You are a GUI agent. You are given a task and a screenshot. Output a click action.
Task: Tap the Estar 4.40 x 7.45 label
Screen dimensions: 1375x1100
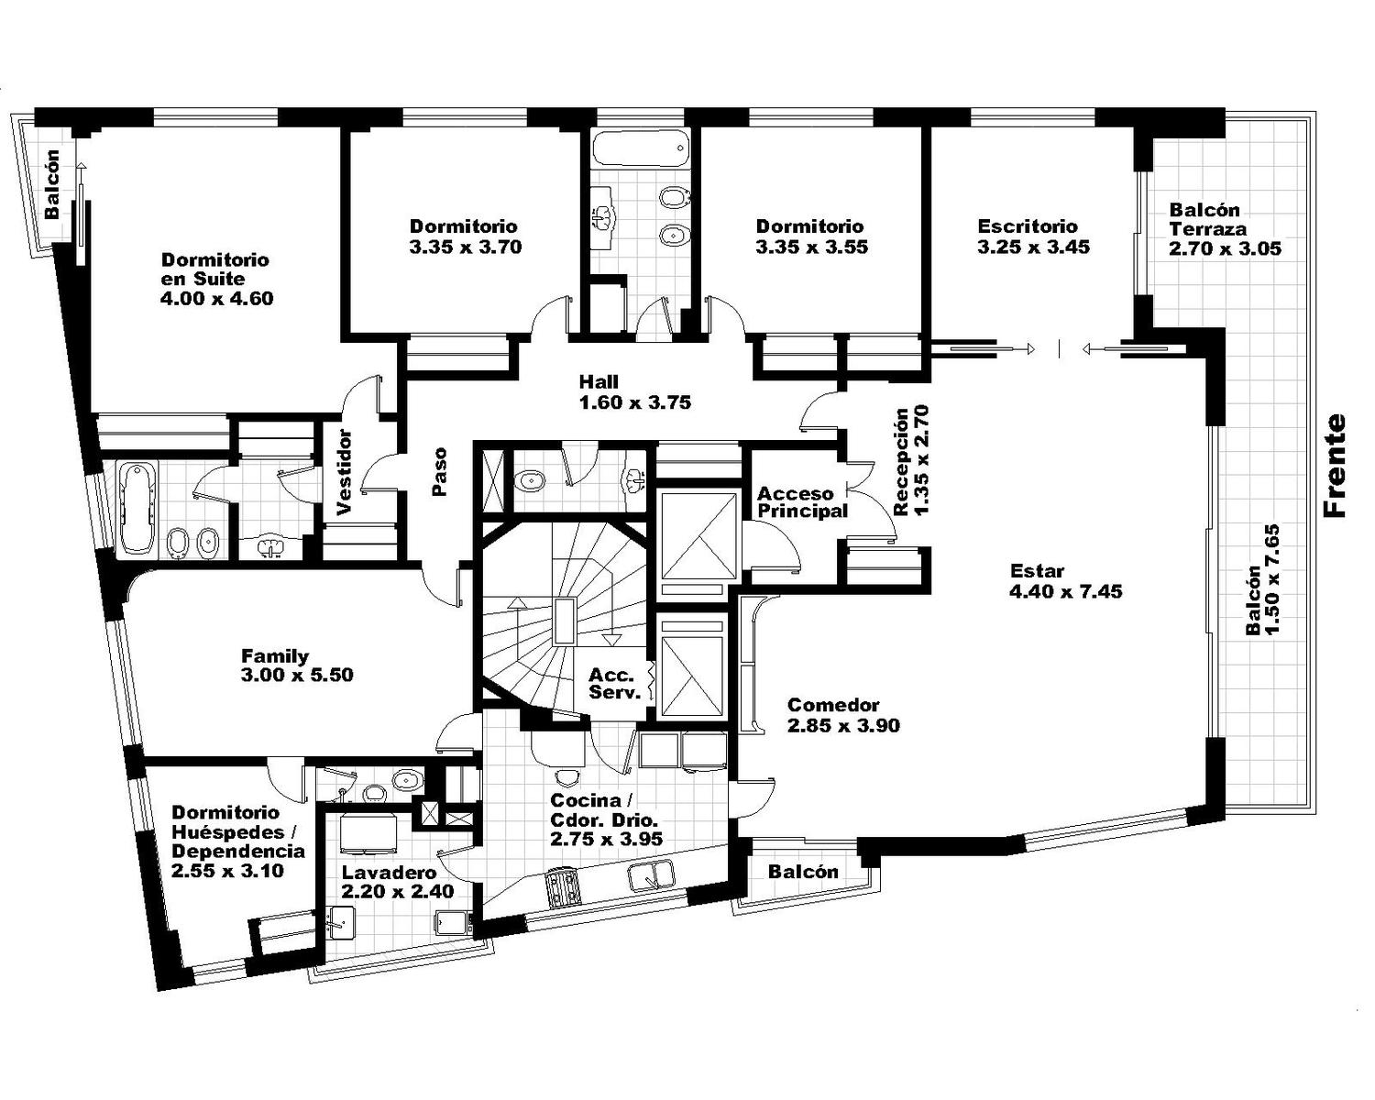(1065, 581)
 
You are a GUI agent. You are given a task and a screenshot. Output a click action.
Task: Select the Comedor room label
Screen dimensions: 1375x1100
(843, 715)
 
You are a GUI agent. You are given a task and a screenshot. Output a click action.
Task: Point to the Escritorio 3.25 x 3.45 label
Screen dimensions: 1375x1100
(1033, 236)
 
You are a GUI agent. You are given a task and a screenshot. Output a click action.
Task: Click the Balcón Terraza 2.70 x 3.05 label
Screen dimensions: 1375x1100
(1225, 229)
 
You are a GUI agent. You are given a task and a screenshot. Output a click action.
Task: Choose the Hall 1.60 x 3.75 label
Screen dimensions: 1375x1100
(635, 392)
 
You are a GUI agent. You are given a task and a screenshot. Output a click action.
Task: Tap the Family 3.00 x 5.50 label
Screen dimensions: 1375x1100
(297, 665)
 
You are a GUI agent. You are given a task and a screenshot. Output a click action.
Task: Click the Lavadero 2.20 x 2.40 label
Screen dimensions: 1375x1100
(398, 882)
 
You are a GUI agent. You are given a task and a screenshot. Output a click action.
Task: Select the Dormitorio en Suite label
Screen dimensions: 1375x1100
(216, 279)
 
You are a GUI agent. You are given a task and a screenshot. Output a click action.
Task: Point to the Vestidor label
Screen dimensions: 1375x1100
(344, 472)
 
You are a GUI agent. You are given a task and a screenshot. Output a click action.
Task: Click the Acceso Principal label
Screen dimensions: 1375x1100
(802, 502)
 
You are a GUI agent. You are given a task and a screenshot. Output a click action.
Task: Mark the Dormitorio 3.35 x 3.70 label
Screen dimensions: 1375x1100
(466, 236)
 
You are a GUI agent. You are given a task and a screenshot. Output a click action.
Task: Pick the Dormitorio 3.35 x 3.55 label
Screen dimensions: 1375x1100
(811, 236)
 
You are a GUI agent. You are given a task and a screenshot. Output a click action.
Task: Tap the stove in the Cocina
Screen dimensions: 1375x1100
(562, 885)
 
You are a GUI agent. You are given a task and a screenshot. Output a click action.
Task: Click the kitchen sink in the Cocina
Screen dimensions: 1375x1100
(651, 874)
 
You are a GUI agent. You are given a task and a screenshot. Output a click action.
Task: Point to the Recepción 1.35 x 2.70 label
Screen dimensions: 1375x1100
(910, 460)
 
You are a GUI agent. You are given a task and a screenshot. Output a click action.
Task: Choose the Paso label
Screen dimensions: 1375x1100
(439, 472)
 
